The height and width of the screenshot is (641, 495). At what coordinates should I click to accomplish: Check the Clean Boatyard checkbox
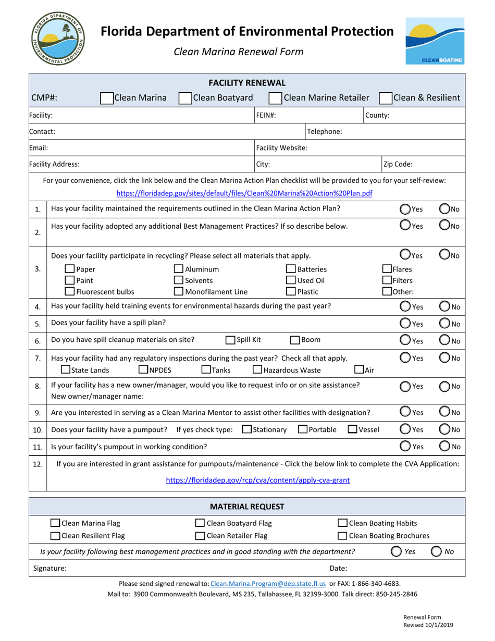tap(185, 97)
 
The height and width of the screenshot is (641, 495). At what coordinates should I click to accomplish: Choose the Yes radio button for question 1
tap(405, 209)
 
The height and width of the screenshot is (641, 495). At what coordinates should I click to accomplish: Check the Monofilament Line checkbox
tap(178, 291)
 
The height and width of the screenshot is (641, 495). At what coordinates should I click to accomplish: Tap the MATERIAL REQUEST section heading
tap(247, 506)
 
